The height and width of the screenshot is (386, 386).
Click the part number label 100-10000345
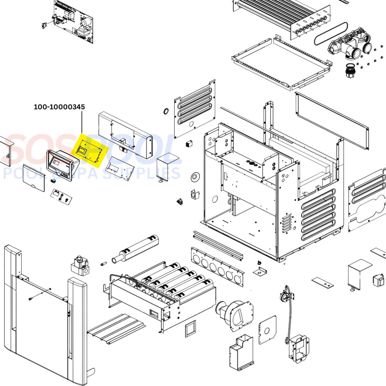(59, 107)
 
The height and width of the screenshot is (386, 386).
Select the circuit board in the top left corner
(74, 21)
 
